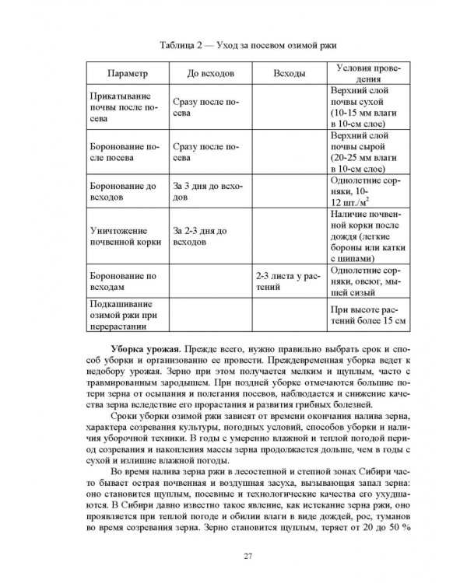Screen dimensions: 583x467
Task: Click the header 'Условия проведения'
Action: (364, 73)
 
